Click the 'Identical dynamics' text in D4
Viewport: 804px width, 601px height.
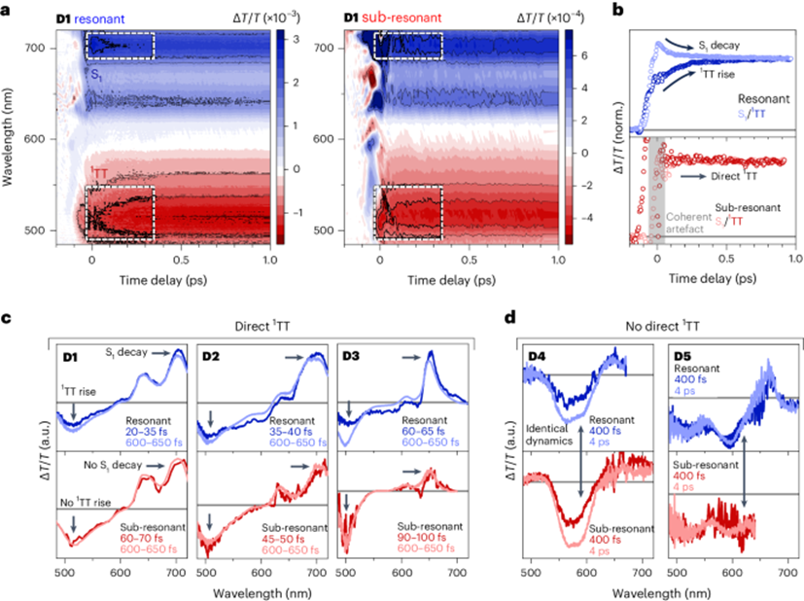[x=549, y=435]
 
